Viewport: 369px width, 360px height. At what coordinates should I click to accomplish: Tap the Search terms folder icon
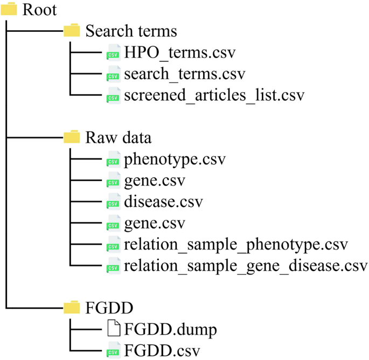point(71,30)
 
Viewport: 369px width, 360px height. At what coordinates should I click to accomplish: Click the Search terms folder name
point(131,30)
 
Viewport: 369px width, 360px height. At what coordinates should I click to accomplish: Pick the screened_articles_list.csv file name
point(214,95)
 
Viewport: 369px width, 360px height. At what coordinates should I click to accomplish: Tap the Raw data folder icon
point(71,137)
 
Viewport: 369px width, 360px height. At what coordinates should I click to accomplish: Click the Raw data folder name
point(118,137)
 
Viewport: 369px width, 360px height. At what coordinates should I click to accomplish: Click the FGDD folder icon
point(71,308)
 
